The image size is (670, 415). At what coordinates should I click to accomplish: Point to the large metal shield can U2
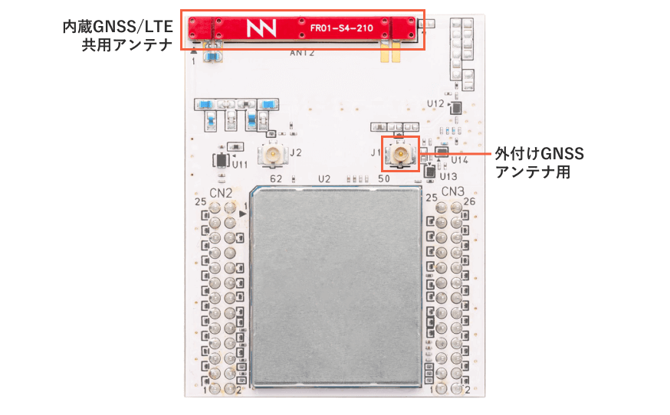336,285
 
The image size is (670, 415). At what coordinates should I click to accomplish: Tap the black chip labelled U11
221,160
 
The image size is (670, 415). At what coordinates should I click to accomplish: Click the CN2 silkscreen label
222,191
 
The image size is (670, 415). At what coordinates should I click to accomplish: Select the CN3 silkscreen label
453,191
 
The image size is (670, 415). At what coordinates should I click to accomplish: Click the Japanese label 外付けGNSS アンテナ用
539,163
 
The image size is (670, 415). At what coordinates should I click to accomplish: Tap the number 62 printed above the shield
278,178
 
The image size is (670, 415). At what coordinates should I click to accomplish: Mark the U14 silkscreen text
459,160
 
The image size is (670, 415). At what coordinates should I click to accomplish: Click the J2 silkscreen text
296,152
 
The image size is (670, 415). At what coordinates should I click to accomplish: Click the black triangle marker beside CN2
243,214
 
